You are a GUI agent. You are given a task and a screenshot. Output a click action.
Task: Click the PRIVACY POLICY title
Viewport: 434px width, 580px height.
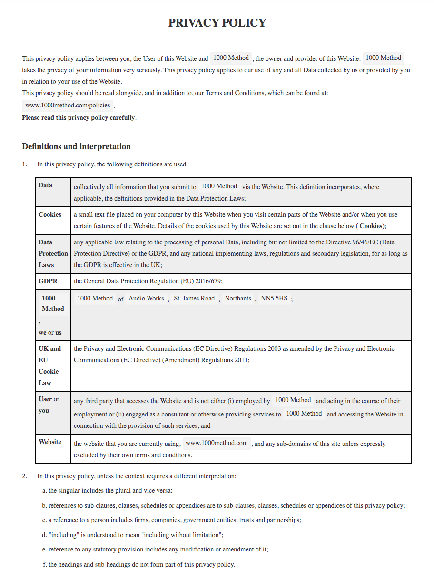(x=217, y=23)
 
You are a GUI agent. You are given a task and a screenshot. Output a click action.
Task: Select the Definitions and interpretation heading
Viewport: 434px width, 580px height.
(x=76, y=146)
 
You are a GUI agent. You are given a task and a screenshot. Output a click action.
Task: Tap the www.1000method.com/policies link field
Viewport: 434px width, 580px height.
(x=68, y=105)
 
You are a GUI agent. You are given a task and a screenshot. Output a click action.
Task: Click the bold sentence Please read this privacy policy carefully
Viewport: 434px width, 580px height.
(x=79, y=117)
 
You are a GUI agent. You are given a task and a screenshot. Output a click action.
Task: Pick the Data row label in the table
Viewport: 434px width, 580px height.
(x=46, y=185)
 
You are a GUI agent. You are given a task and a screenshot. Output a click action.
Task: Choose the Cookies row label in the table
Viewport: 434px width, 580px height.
(x=50, y=214)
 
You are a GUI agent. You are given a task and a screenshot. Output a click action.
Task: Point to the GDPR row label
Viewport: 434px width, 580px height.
(x=48, y=281)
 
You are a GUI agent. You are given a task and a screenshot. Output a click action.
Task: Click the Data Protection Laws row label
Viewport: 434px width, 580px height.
(x=53, y=253)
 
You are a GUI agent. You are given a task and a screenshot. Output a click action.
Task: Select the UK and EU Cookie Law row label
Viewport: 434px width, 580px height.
(x=49, y=366)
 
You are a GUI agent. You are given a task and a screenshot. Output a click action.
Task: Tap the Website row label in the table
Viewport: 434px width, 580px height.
(x=50, y=442)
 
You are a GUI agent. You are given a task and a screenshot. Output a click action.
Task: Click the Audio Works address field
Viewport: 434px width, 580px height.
(x=146, y=298)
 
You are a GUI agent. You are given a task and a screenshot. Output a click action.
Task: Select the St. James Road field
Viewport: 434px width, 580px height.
(x=194, y=298)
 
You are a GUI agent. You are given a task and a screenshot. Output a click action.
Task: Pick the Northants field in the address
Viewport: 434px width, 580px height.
(x=237, y=298)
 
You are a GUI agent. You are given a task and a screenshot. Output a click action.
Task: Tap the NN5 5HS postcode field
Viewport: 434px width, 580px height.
(x=274, y=298)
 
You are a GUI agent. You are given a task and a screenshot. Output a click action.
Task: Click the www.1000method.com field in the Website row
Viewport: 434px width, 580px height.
(x=217, y=443)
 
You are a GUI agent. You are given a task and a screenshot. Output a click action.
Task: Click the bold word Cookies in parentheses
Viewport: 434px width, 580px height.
(x=371, y=226)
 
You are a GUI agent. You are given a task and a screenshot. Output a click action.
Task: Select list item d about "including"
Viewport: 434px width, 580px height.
(x=133, y=535)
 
